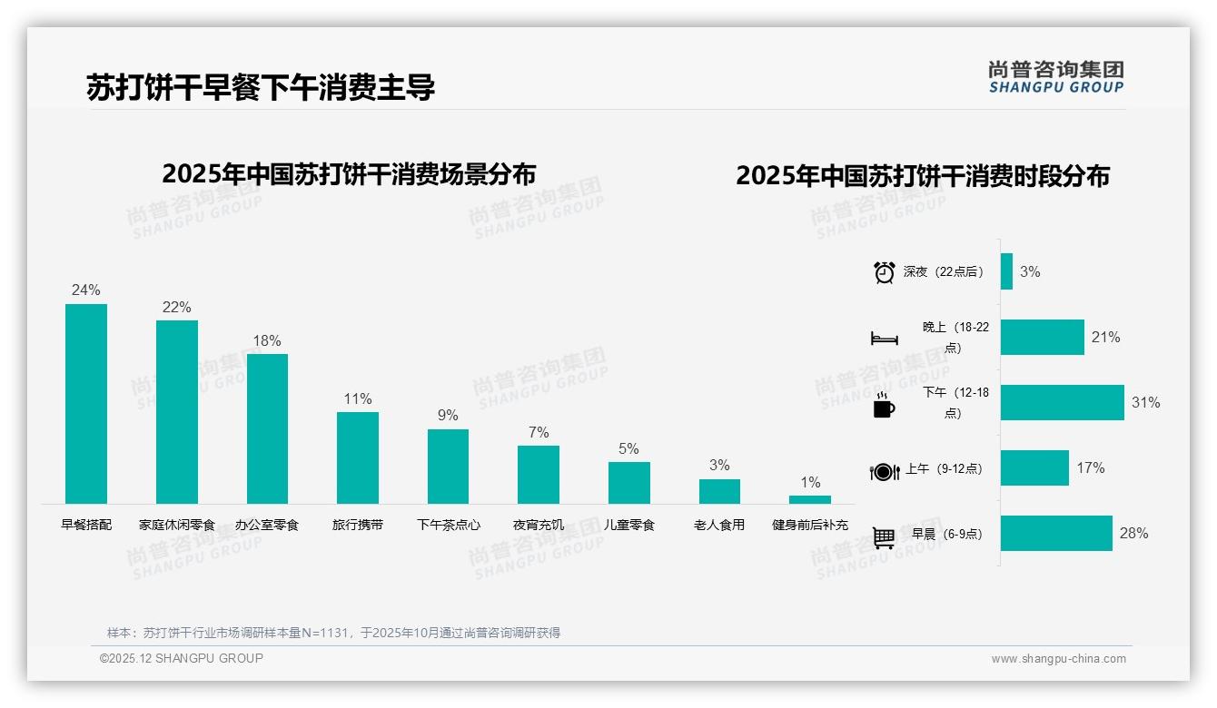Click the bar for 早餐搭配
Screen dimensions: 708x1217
pyautogui.click(x=86, y=404)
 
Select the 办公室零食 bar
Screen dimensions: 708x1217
pyautogui.click(x=267, y=428)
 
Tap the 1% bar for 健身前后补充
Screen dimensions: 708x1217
pyautogui.click(x=809, y=499)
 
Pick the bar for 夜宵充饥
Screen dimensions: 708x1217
pyautogui.click(x=539, y=474)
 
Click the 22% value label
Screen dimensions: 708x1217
pyautogui.click(x=176, y=308)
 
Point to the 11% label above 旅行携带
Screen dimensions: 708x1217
pyautogui.click(x=358, y=399)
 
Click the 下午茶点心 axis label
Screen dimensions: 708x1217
pyautogui.click(x=449, y=525)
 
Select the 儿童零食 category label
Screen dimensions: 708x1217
pyautogui.click(x=629, y=525)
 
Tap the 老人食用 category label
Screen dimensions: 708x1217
pyautogui.click(x=719, y=525)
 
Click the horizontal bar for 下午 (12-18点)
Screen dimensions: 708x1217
pyautogui.click(x=1062, y=402)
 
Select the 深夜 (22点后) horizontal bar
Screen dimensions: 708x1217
pyautogui.click(x=1006, y=271)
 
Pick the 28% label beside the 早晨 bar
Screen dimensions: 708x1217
pyautogui.click(x=1133, y=534)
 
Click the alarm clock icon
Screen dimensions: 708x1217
pyautogui.click(x=884, y=272)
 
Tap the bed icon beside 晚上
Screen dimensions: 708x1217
pyautogui.click(x=884, y=339)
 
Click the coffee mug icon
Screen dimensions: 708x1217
pyautogui.click(x=884, y=406)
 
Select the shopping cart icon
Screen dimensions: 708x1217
pyautogui.click(x=884, y=537)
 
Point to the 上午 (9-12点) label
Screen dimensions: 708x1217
pyautogui.click(x=944, y=469)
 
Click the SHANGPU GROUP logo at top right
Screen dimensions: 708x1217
pyautogui.click(x=1055, y=77)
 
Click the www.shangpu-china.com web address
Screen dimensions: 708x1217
pyautogui.click(x=1058, y=659)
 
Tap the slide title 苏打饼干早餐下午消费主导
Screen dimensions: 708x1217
pyautogui.click(x=261, y=87)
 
